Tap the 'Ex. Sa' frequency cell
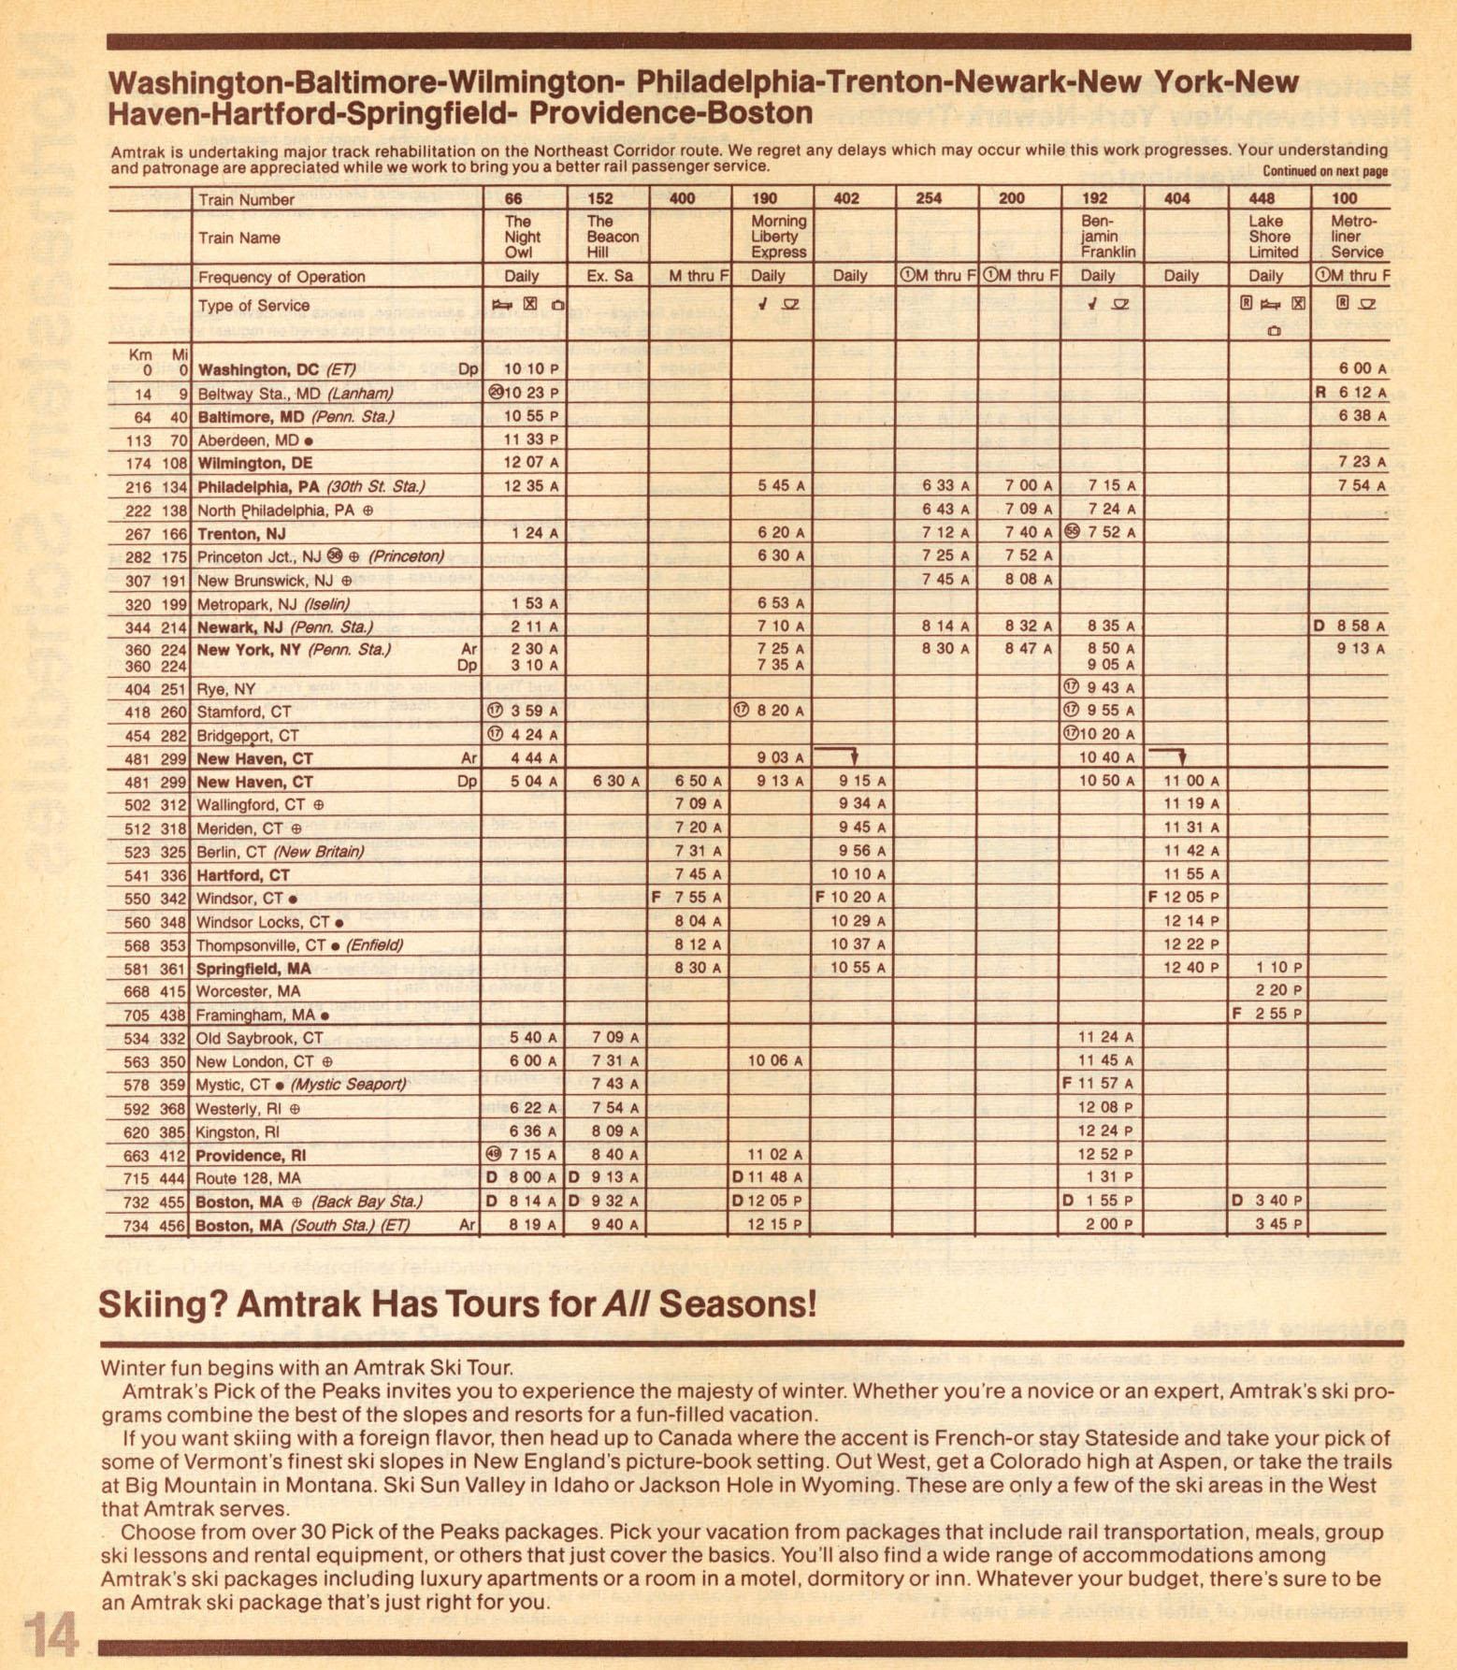(x=609, y=276)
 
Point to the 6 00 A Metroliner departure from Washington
(x=1355, y=369)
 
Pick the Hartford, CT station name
(x=243, y=875)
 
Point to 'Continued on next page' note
(x=1324, y=171)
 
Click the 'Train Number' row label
(x=246, y=199)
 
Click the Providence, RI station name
(x=251, y=1156)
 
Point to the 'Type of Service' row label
(x=253, y=306)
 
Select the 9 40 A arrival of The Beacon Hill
(x=614, y=1225)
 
